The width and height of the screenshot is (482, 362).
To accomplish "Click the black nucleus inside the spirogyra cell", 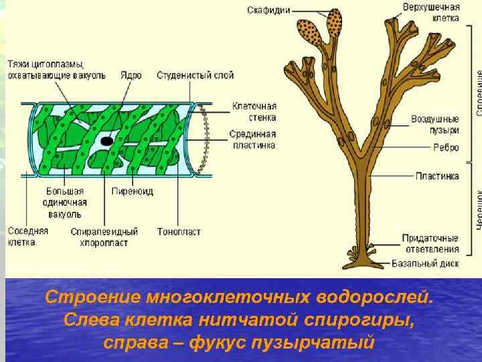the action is (x=106, y=141).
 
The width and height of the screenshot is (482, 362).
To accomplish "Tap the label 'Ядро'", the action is (x=131, y=75).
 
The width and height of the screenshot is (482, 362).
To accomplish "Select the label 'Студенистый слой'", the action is (x=195, y=75).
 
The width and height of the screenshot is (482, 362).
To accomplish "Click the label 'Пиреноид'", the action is (x=132, y=192).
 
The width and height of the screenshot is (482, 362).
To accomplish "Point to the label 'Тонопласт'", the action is (x=178, y=232).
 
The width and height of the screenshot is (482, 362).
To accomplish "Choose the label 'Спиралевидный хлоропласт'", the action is (x=104, y=237).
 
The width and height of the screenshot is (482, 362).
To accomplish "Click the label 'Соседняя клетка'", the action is (x=27, y=237).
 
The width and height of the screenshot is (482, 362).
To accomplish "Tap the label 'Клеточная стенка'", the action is (x=254, y=111).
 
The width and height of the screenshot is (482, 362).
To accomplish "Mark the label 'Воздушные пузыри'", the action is (x=435, y=124).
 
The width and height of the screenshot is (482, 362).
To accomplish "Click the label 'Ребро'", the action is (x=446, y=148).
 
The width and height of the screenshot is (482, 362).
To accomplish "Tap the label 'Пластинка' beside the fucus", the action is (x=436, y=176).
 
